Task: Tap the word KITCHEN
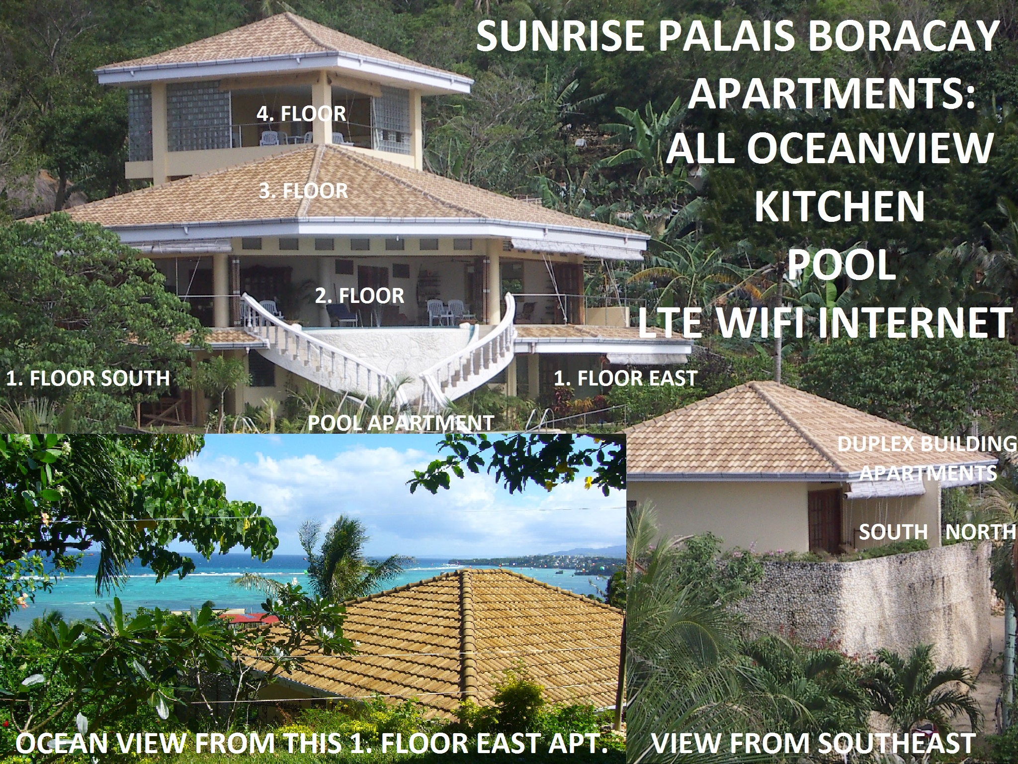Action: click(x=840, y=207)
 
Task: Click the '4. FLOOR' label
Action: click(x=301, y=114)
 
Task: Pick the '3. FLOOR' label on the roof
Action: click(x=303, y=191)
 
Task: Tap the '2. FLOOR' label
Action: click(x=359, y=296)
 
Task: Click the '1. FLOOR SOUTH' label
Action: click(x=88, y=378)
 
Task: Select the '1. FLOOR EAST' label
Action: click(x=625, y=378)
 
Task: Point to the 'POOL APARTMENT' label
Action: click(x=401, y=423)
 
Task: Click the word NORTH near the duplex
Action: click(x=980, y=532)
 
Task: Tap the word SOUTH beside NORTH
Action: click(x=894, y=532)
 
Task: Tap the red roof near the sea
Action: click(x=249, y=618)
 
